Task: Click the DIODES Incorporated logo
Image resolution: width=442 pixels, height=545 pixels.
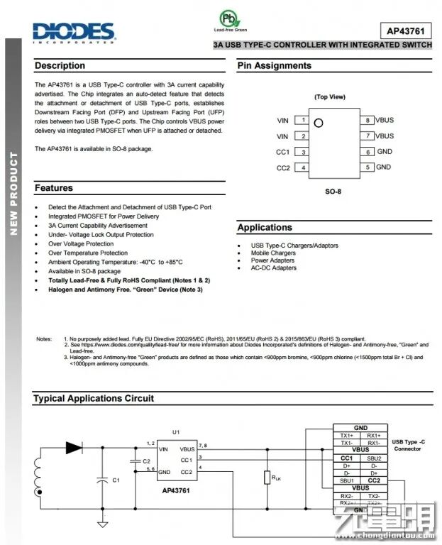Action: click(73, 31)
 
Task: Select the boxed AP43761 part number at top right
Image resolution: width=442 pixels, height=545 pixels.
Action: click(405, 31)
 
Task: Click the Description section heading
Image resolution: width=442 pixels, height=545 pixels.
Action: click(60, 66)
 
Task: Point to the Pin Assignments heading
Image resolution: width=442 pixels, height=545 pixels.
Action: click(275, 66)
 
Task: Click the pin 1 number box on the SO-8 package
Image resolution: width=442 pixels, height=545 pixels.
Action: click(303, 121)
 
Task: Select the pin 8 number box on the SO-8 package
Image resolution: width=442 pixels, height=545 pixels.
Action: click(368, 121)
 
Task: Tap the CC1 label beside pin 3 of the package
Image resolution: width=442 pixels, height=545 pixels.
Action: click(282, 152)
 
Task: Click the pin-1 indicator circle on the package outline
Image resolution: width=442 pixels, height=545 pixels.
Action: click(319, 122)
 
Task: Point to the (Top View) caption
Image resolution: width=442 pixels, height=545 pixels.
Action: click(330, 97)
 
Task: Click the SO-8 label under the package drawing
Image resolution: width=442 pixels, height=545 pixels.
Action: click(333, 192)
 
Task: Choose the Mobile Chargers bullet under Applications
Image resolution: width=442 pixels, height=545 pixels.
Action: click(273, 253)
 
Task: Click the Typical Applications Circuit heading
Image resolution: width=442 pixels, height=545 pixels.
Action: click(94, 399)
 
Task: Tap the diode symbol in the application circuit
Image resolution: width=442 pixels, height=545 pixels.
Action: click(74, 448)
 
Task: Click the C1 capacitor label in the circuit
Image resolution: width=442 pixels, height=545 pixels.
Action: click(116, 480)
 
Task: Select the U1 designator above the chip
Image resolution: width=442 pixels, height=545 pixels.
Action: click(176, 432)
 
